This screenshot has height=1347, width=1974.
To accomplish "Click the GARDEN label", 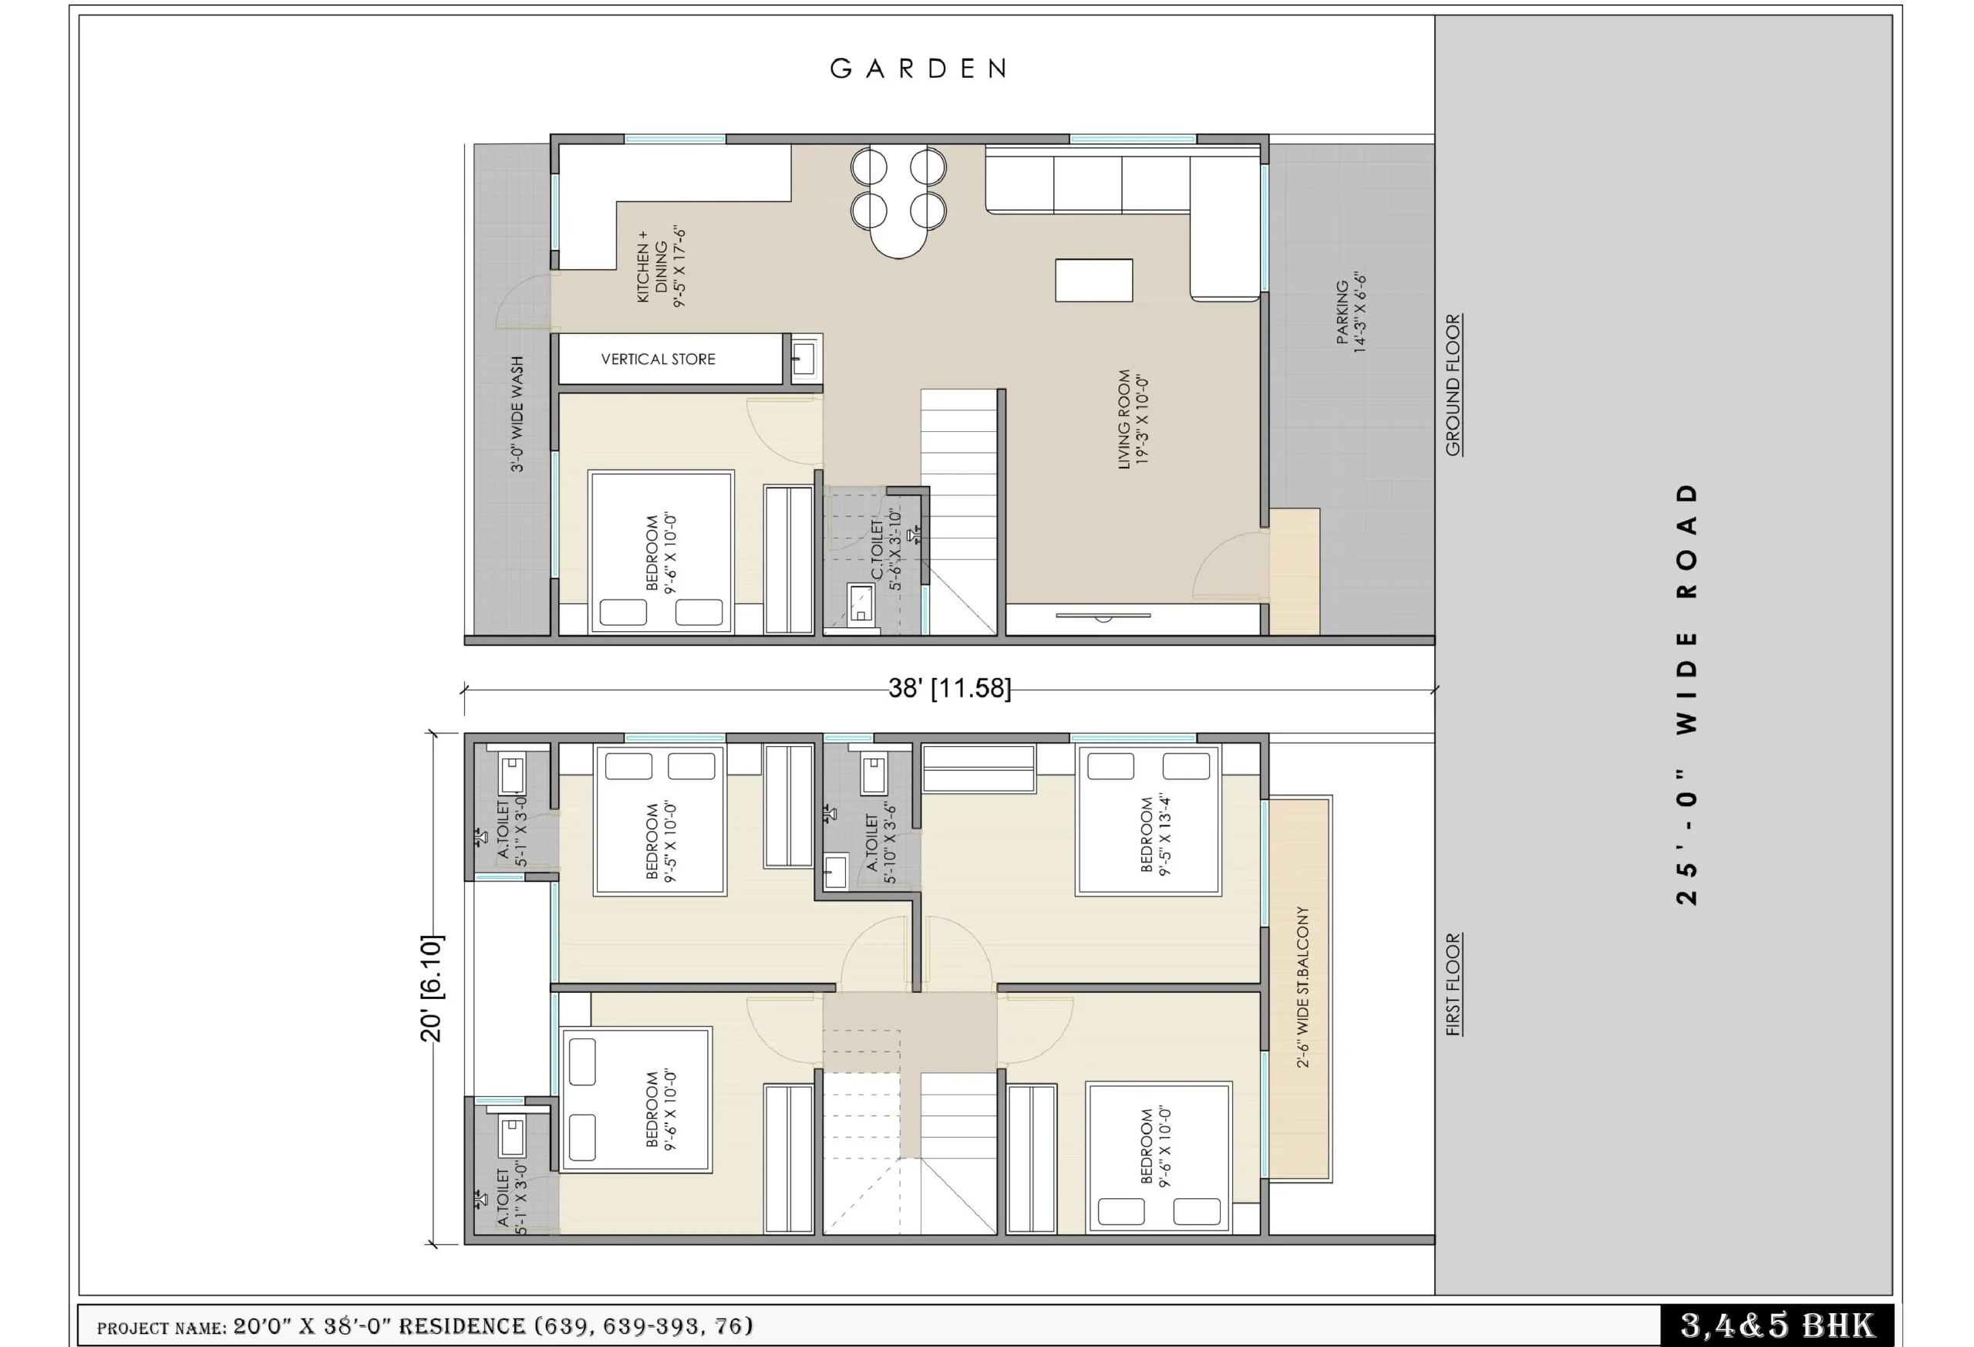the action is pyautogui.click(x=918, y=69).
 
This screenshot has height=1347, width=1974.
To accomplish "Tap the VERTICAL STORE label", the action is pyautogui.click(x=659, y=360).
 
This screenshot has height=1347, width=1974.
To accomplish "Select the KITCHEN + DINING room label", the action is pyautogui.click(x=661, y=266).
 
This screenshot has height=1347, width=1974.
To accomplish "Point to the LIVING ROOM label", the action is pyautogui.click(x=1133, y=419).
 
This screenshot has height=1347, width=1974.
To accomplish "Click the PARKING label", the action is pyautogui.click(x=1350, y=312).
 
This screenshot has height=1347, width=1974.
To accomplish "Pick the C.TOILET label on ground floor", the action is pyautogui.click(x=886, y=549).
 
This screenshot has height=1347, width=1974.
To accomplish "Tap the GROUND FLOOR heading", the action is pyautogui.click(x=1454, y=385).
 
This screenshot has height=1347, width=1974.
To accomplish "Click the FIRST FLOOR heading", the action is pyautogui.click(x=1454, y=984).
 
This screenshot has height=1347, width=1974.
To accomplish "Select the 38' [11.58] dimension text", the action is pyautogui.click(x=950, y=687).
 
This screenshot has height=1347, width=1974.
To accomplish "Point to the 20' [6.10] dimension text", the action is pyautogui.click(x=432, y=988).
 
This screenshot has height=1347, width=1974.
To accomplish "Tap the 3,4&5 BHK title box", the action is pyautogui.click(x=1777, y=1325).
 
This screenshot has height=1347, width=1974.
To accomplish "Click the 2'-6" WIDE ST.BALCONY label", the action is pyautogui.click(x=1302, y=987).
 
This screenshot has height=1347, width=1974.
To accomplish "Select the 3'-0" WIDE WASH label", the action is pyautogui.click(x=517, y=414).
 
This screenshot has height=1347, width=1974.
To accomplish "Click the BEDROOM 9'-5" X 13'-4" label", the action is pyautogui.click(x=1155, y=836).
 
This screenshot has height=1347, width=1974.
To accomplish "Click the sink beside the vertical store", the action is pyautogui.click(x=803, y=358).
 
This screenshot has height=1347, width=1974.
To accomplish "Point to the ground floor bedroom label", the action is pyautogui.click(x=661, y=553).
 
